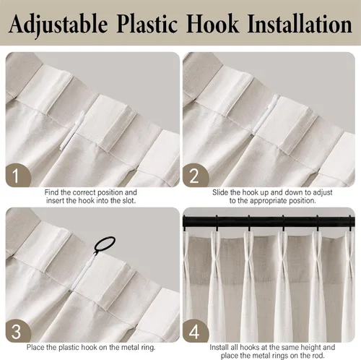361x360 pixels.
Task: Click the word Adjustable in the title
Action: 58,25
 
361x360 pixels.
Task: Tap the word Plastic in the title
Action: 147,24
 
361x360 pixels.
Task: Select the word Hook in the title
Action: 212,24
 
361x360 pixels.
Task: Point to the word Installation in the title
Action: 300,24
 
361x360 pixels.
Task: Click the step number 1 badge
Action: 18,175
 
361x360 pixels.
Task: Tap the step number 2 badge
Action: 195,175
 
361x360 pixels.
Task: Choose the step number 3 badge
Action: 18,331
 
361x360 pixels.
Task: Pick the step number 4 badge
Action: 195,331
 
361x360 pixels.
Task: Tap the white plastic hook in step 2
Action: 265,113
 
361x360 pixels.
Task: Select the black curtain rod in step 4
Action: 269,222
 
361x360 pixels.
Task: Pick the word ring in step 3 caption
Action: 148,348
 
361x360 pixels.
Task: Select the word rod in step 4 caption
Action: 318,356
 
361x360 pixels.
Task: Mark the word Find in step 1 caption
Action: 52,192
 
